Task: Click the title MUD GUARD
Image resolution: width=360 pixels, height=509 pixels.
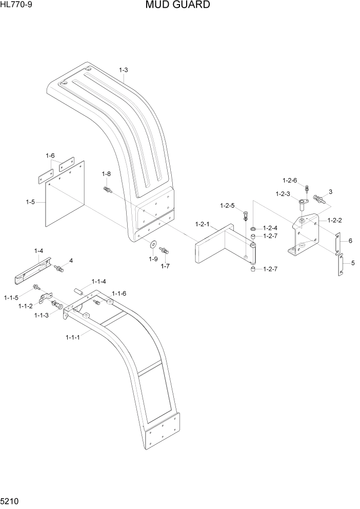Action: pyautogui.click(x=177, y=5)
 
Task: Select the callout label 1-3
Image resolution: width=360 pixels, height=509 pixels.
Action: pyautogui.click(x=123, y=70)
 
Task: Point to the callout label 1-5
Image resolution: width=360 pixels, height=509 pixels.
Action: pyautogui.click(x=31, y=202)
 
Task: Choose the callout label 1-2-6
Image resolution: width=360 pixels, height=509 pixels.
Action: pyautogui.click(x=290, y=180)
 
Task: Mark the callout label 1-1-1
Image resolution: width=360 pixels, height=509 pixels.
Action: pyautogui.click(x=74, y=337)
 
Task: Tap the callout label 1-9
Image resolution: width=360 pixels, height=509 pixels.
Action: pyautogui.click(x=153, y=259)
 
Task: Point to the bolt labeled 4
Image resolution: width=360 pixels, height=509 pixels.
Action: pyautogui.click(x=59, y=268)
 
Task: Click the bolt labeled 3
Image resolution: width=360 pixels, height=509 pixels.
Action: pyautogui.click(x=318, y=199)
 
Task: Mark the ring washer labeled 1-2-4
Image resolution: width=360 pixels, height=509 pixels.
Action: pyautogui.click(x=254, y=227)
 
